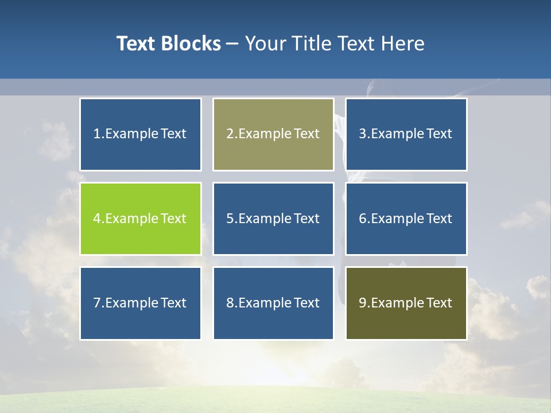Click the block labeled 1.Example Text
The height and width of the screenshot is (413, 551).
pos(140,134)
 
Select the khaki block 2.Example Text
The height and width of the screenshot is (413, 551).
pos(273,134)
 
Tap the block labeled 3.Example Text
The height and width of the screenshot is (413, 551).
pos(406,134)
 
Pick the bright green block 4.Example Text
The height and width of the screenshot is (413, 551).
pos(140,219)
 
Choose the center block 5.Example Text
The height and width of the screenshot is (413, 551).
pos(273,219)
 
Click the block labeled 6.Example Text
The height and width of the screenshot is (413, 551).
pos(406,219)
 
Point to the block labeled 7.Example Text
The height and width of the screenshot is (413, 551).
pos(140,303)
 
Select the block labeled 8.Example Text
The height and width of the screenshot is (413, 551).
pos(273,303)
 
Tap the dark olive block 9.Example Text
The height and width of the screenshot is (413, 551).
pos(406,303)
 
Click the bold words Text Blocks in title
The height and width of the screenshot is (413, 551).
pos(168,44)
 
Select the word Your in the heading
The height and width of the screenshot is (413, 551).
pos(265,44)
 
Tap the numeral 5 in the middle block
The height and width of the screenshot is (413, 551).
pos(230,219)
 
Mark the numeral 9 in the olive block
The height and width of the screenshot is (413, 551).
pos(363,303)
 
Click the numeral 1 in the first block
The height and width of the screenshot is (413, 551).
pos(97,134)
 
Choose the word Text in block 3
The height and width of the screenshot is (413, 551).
pos(439,134)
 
